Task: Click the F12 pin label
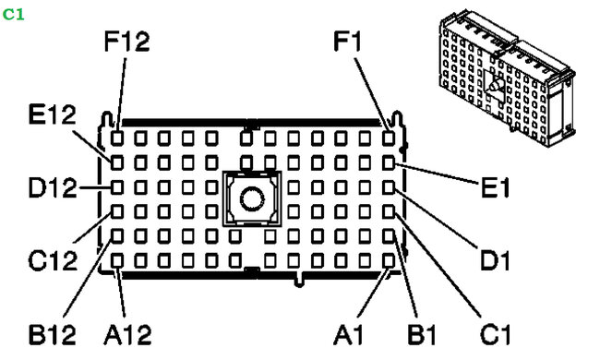pyautogui.click(x=127, y=42)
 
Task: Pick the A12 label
pyautogui.click(x=130, y=331)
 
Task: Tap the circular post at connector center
pyautogui.click(x=249, y=197)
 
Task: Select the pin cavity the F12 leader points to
pyautogui.click(x=119, y=138)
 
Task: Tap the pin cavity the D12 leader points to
pyautogui.click(x=119, y=187)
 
